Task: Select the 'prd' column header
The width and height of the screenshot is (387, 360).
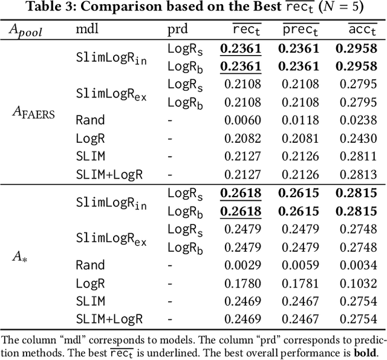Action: pos(177,30)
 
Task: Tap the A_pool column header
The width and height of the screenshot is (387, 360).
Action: pos(26,30)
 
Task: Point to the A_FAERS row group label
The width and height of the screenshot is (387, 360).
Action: pos(34,112)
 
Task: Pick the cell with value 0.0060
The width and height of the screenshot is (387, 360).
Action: pos(242,120)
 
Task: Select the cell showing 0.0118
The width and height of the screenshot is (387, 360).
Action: pos(301,120)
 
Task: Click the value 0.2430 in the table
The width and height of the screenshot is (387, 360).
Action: pos(359,138)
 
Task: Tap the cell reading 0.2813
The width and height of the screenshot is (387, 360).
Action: pos(359,174)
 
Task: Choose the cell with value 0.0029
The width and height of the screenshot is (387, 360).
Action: pos(242,264)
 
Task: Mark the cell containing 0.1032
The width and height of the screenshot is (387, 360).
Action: pos(359,283)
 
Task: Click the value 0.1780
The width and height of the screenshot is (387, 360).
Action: pos(242,283)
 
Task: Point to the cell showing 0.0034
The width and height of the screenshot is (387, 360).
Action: pos(359,264)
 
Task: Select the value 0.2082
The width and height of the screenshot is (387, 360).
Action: pos(242,138)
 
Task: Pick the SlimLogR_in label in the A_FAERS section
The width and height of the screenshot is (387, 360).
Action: pos(111,57)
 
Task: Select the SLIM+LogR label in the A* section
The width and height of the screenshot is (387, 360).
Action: pos(109,319)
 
